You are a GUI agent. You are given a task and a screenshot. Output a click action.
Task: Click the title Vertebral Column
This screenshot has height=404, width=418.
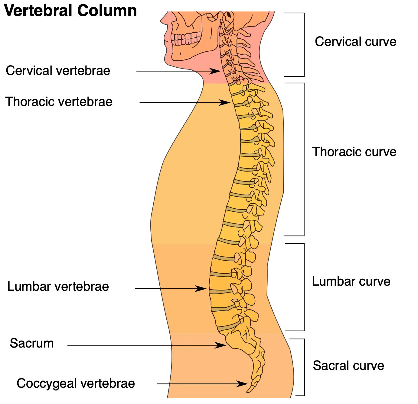pos(70,11)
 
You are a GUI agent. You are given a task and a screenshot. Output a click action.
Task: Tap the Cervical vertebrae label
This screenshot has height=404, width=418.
pos(58,71)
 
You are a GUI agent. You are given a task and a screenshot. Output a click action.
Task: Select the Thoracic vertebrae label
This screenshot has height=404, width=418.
pos(59,102)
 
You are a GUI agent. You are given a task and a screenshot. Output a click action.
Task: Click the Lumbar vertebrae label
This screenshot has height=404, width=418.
pos(58,287)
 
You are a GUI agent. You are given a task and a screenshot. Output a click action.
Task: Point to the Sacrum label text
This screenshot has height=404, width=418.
pos(32,343)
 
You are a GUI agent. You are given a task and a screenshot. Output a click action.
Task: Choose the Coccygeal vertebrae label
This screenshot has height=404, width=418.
pos(76,383)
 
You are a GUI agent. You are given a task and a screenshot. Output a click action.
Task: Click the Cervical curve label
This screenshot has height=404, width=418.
pos(355,42)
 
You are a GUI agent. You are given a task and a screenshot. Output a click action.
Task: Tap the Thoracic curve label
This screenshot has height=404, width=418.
pos(354,152)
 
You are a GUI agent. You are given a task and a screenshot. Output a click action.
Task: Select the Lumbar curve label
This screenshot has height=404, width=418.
pos(351,281)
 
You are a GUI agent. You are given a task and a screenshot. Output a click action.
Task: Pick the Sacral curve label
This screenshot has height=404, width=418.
pos(348,366)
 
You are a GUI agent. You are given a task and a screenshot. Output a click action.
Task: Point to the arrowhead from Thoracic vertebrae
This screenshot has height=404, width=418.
pos(226,103)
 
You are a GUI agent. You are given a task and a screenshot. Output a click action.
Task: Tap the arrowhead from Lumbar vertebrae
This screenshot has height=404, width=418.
pos(202,289)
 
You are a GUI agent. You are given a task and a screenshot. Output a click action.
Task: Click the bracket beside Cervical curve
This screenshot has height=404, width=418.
pos(304,45)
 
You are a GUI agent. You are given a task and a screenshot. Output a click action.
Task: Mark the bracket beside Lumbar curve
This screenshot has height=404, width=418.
pos(304,287)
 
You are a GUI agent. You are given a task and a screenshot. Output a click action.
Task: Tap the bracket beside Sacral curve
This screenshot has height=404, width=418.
pos(304,367)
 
